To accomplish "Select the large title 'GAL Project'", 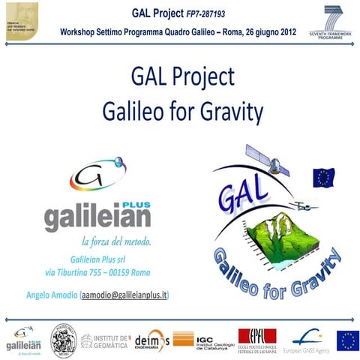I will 182,77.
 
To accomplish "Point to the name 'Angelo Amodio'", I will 50,295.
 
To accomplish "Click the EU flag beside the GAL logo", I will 324,177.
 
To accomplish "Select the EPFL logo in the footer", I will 257,340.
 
